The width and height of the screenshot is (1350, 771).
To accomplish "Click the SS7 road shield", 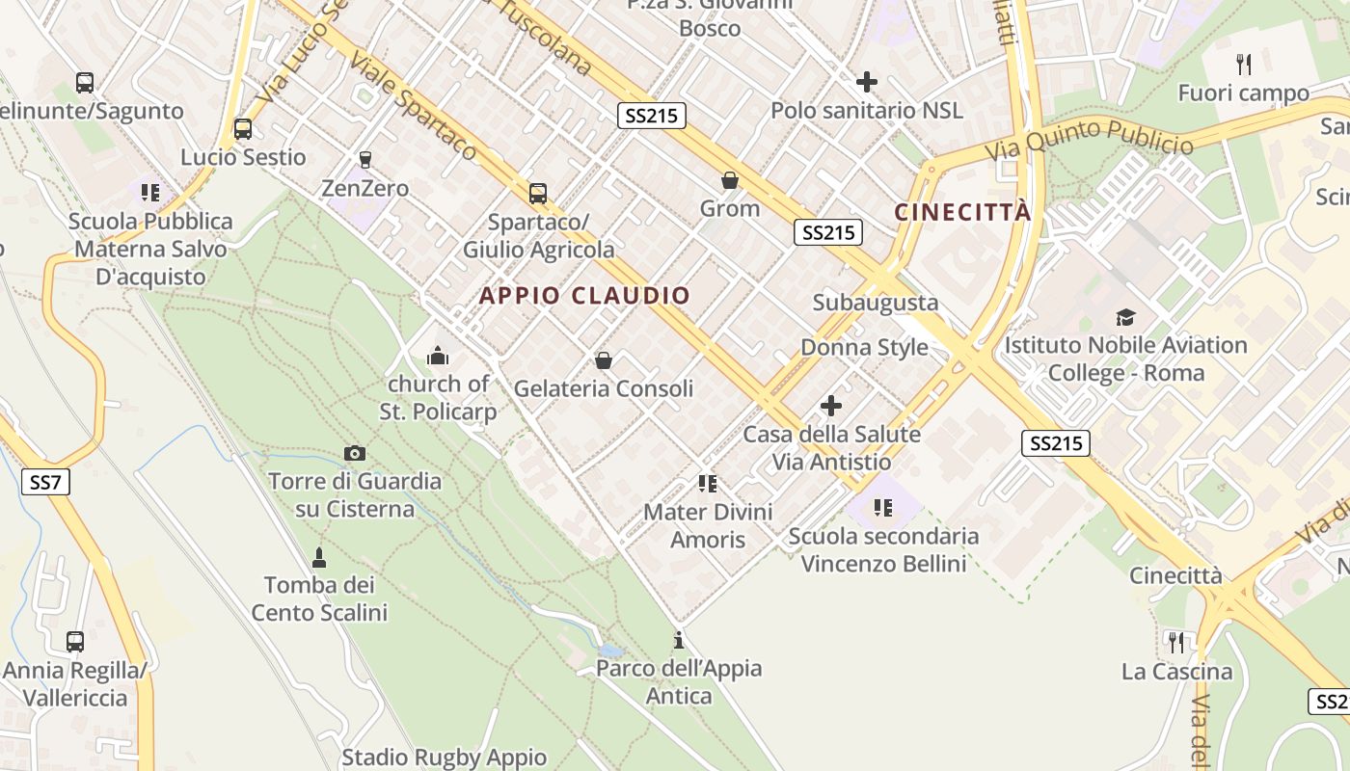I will pyautogui.click(x=45, y=482).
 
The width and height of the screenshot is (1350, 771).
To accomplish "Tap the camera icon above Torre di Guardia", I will pyautogui.click(x=355, y=453).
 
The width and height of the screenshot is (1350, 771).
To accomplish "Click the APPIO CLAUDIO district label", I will pyautogui.click(x=584, y=296).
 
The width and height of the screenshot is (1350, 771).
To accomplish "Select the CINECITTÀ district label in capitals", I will pyautogui.click(x=962, y=213).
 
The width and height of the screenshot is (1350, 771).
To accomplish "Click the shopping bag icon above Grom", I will pyautogui.click(x=730, y=180).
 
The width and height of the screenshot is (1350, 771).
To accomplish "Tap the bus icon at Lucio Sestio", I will pyautogui.click(x=243, y=128).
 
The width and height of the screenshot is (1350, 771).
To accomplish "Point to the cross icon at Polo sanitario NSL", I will pyautogui.click(x=866, y=82).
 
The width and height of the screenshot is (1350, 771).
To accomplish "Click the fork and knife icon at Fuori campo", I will pyautogui.click(x=1244, y=65).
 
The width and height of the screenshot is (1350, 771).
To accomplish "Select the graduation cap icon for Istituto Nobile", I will pyautogui.click(x=1125, y=317).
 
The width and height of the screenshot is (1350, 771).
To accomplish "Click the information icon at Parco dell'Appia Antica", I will pyautogui.click(x=679, y=640).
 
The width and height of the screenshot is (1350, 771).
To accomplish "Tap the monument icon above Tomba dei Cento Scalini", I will pyautogui.click(x=319, y=557).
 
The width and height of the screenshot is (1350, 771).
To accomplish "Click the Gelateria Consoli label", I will pyautogui.click(x=603, y=389).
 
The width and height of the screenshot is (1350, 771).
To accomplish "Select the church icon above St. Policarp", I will pyautogui.click(x=438, y=357).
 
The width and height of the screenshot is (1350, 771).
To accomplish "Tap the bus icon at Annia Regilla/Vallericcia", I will pyautogui.click(x=74, y=641).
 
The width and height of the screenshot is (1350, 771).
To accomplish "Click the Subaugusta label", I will pyautogui.click(x=875, y=303).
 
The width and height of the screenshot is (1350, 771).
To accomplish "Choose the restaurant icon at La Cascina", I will pyautogui.click(x=1175, y=642).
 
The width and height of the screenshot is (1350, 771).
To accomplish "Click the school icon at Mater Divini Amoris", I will pyautogui.click(x=708, y=484).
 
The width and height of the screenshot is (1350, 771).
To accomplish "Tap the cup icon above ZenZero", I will pyautogui.click(x=364, y=159).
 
